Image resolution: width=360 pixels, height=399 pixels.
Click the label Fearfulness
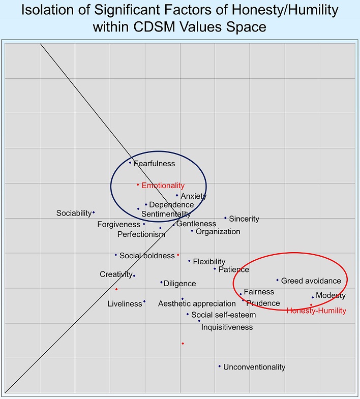[154, 164]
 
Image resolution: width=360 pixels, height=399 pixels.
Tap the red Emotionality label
[163, 186]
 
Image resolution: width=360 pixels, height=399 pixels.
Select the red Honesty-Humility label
[316, 311]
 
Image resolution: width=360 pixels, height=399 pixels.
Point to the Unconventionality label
[254, 367]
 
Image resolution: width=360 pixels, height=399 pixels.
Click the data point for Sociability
[94, 212]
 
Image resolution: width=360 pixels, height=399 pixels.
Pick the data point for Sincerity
[225, 218]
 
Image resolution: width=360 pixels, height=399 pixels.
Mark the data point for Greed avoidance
[278, 280]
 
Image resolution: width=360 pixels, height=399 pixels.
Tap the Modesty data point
[313, 297]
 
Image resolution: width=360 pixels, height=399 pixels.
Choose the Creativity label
[116, 274]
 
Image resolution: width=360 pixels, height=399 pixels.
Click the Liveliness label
[125, 304]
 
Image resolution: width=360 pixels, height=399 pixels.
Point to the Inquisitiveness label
[227, 327]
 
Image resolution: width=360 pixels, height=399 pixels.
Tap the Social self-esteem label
[224, 315]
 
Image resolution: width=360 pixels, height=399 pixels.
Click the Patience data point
[215, 269]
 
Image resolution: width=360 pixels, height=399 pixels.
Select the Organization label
[218, 232]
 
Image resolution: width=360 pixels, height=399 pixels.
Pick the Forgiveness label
[118, 225]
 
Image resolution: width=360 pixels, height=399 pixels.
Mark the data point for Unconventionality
[220, 366]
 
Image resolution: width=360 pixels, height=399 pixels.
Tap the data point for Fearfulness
[130, 163]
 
